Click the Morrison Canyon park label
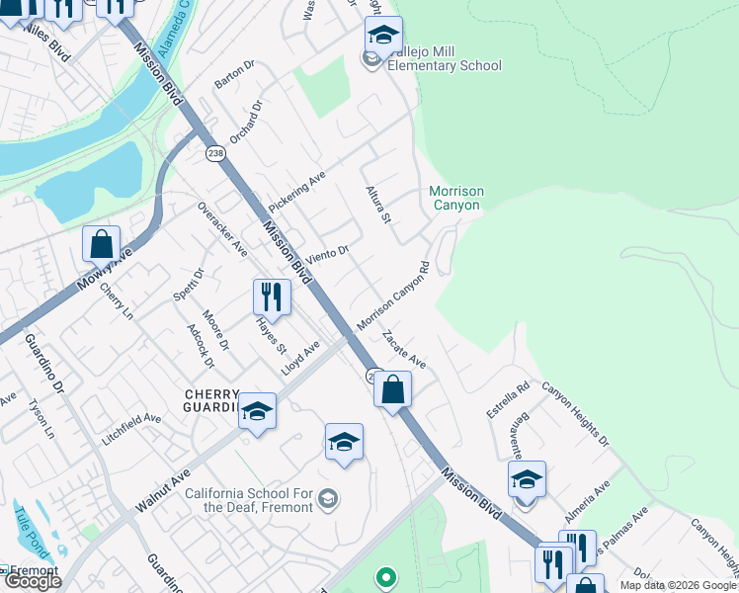pos(454,198)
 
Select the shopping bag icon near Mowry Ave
pos(102,244)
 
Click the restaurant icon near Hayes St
pos(272,297)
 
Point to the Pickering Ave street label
pos(296,188)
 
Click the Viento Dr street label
pos(328,256)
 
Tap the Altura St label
pos(379,204)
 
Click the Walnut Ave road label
pos(163,490)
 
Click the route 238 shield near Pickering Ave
pos(215,153)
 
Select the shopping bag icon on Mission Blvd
pos(393,389)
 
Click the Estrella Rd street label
pos(508,399)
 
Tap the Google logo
pos(32,581)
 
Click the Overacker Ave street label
pos(222,229)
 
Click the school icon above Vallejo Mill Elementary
pos(383,36)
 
